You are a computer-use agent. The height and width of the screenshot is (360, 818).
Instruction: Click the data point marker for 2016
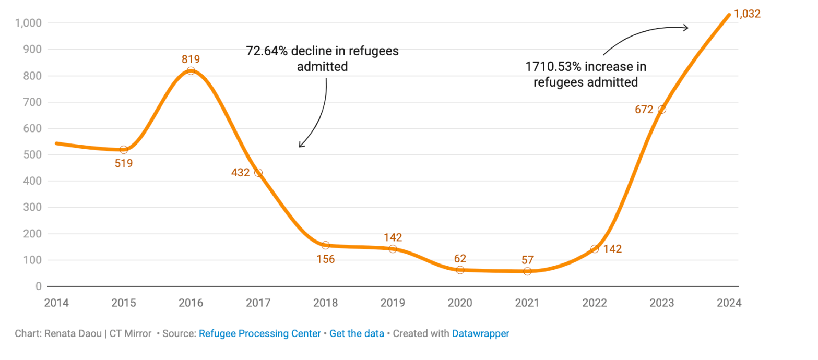pos(191,71)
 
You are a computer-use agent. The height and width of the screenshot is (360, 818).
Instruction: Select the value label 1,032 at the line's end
pos(747,14)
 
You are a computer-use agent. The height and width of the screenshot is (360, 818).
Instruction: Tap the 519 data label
pos(124,163)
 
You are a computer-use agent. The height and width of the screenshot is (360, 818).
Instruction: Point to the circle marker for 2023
pos(662,110)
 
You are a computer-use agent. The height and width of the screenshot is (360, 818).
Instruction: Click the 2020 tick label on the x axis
pos(460,303)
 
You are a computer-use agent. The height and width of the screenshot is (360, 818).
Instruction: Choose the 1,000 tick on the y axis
pos(28,23)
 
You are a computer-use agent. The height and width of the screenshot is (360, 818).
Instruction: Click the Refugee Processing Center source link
pos(259,333)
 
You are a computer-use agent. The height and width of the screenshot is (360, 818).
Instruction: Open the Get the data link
pos(357,333)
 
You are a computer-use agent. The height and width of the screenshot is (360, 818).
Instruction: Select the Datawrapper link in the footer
pos(480,333)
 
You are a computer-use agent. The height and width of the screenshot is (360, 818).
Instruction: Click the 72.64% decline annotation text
pos(322,58)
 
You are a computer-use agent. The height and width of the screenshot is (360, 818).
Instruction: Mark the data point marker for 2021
pos(527,271)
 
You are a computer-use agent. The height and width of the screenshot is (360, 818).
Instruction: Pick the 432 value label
pos(240,173)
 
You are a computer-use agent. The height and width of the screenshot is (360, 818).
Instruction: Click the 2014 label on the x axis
pos(56,303)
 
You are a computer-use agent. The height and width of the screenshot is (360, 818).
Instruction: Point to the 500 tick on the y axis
pos(32,155)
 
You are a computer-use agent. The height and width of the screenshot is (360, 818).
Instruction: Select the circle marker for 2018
pos(326,245)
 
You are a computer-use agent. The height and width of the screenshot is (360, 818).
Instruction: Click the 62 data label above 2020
pos(460,258)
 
